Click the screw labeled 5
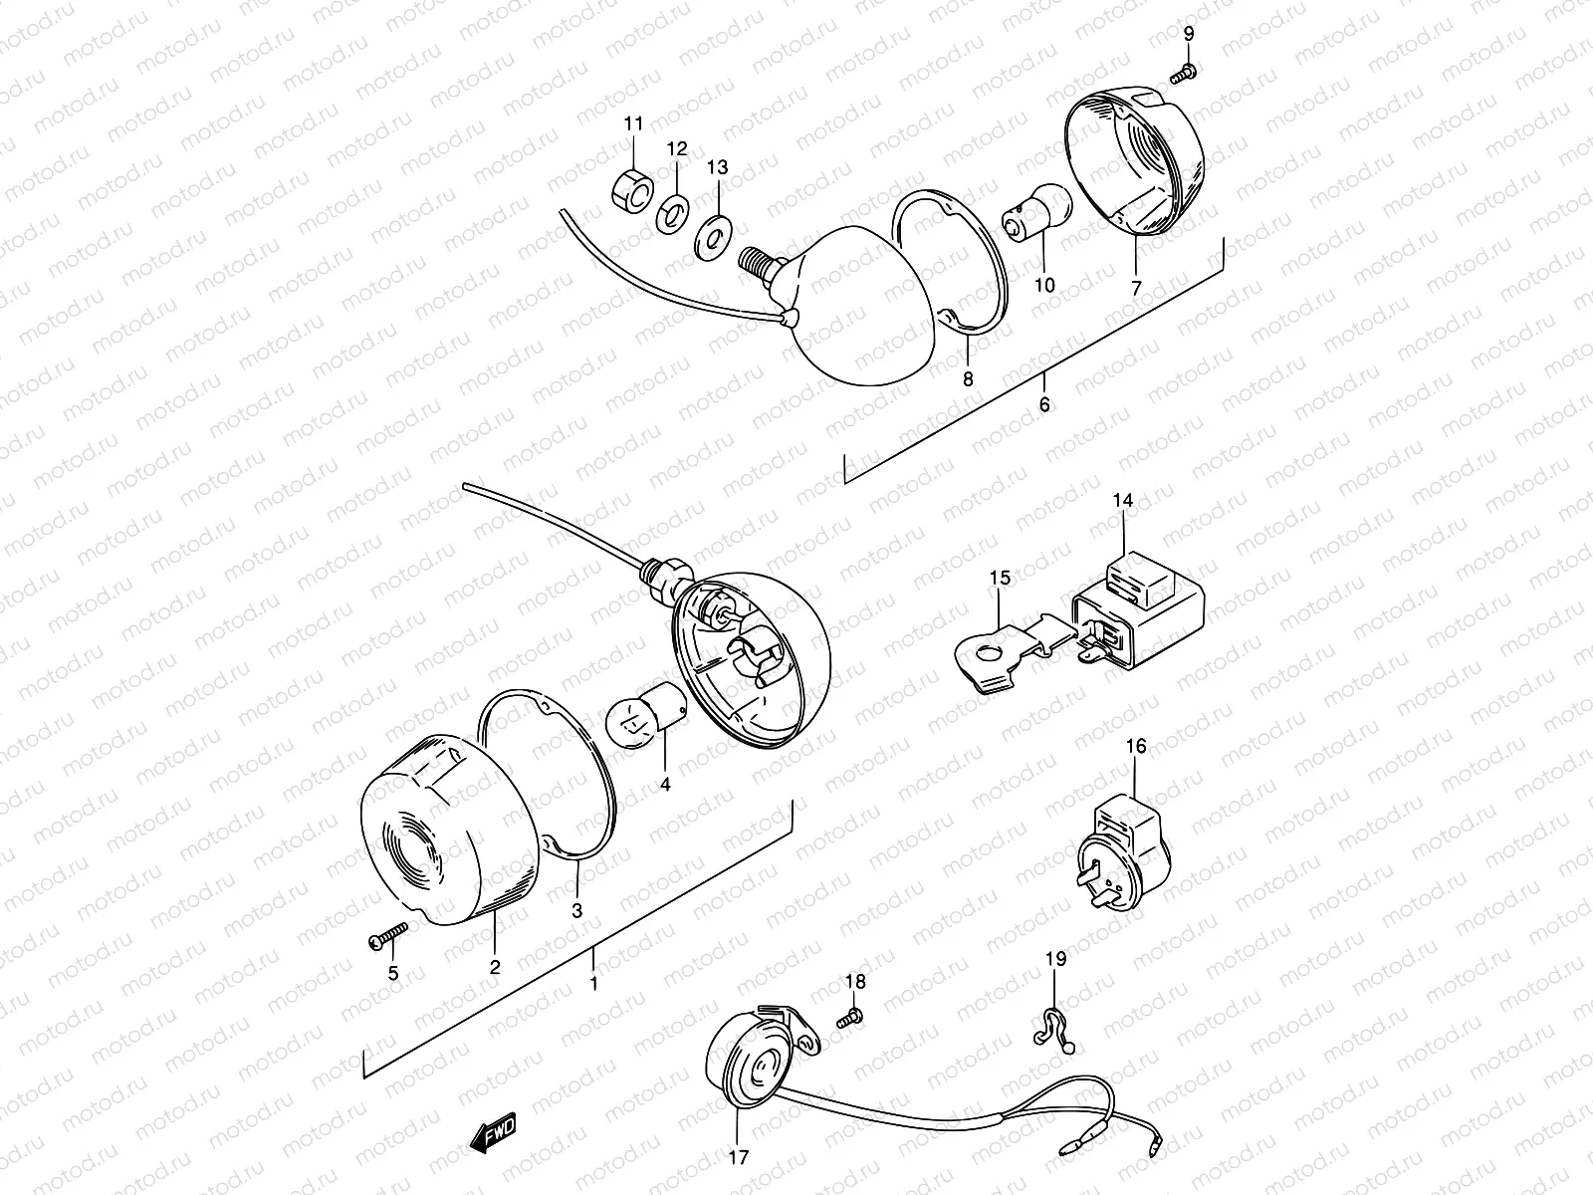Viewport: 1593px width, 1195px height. [388, 934]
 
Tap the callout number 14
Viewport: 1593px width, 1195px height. [1123, 501]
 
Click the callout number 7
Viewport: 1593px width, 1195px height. [1137, 287]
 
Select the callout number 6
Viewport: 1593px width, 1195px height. [1043, 405]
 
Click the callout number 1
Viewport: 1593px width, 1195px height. [594, 983]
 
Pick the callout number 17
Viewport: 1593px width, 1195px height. [737, 1158]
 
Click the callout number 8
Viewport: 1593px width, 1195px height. [968, 379]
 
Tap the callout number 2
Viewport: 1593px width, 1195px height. [495, 966]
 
